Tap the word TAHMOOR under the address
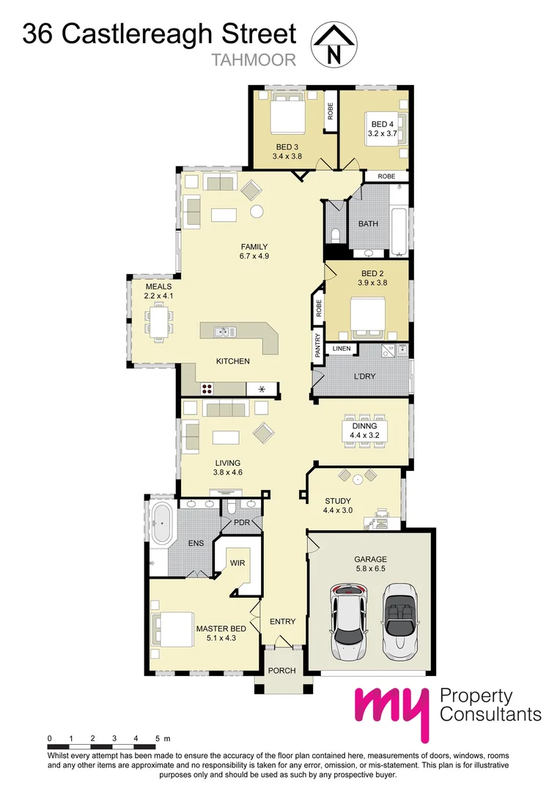[x=254, y=60]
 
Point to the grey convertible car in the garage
[x=399, y=620]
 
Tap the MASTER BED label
[x=221, y=628]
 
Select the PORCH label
[x=282, y=670]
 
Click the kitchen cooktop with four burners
[x=207, y=388]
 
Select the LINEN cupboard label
[x=343, y=349]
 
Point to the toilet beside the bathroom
[x=334, y=235]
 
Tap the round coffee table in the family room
[x=256, y=212]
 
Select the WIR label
[x=237, y=562]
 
